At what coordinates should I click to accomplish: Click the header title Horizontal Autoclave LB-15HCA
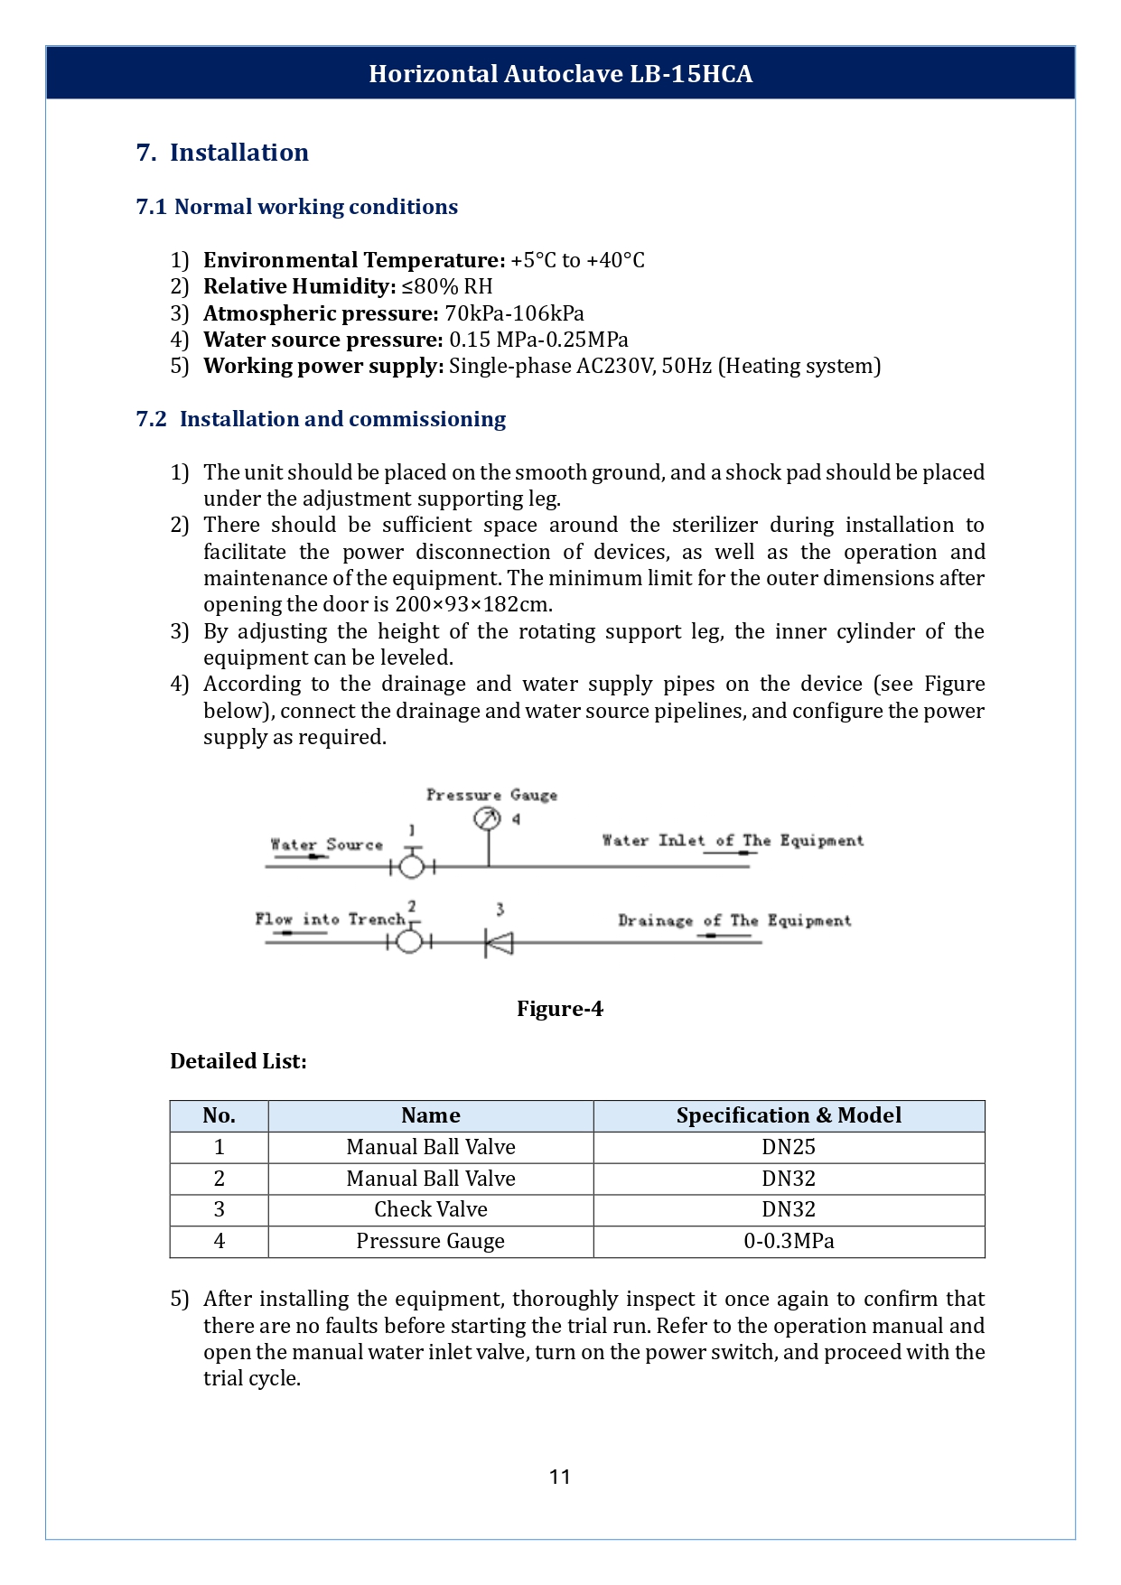point(560,73)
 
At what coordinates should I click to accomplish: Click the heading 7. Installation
point(222,152)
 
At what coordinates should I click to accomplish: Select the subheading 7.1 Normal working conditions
point(296,207)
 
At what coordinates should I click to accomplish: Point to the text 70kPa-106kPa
point(514,313)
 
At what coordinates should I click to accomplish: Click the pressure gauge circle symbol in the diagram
point(487,818)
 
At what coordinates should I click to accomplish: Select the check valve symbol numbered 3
point(499,943)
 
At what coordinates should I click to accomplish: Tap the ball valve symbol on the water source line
point(412,866)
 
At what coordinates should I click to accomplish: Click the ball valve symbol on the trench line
point(410,941)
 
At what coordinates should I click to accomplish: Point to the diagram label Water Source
point(326,844)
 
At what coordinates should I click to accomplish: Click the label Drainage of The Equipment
point(733,920)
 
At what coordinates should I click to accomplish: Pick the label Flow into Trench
point(330,919)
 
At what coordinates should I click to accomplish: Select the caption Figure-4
point(559,1009)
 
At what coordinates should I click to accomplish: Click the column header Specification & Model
point(789,1115)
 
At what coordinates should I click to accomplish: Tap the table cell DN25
point(789,1147)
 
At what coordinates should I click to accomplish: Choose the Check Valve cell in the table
point(431,1209)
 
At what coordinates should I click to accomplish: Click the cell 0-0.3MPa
point(789,1241)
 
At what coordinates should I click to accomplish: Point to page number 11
point(559,1477)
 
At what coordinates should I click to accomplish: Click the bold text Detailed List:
point(238,1061)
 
